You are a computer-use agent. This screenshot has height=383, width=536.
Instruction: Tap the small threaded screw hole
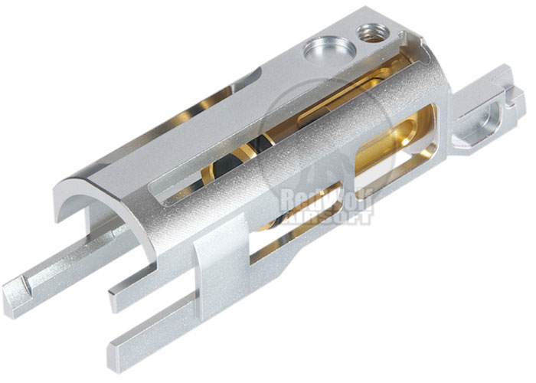click(372, 33)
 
